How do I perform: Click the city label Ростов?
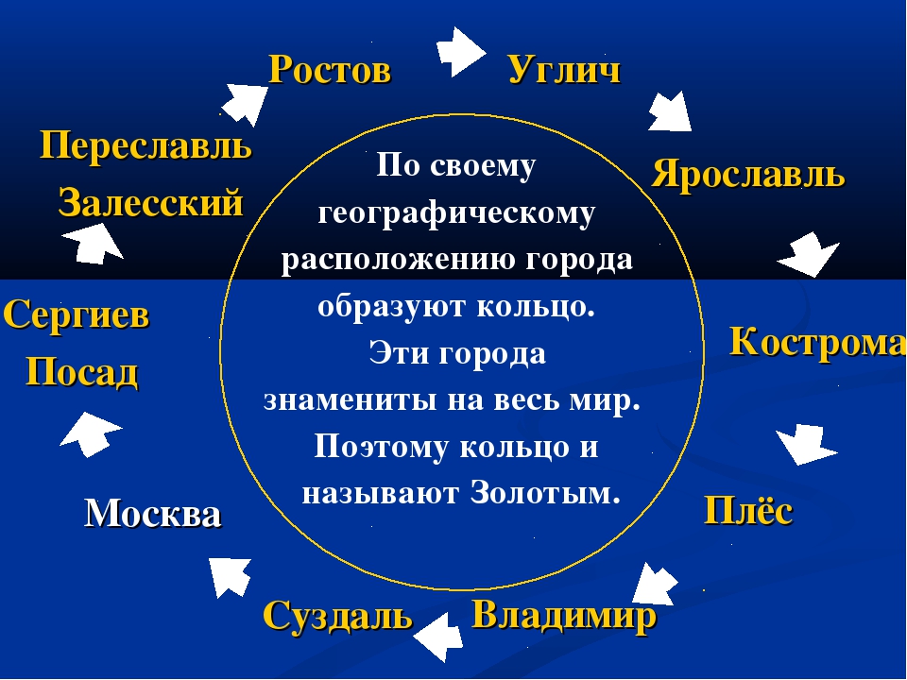click(x=329, y=70)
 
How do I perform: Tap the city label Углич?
click(x=564, y=70)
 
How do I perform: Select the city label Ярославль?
click(x=748, y=175)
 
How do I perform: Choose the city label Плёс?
click(x=747, y=512)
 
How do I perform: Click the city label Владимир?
click(x=563, y=617)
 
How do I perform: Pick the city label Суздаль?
click(x=337, y=617)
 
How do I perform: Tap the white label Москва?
click(x=153, y=515)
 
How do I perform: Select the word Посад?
click(x=81, y=373)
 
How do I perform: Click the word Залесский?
click(x=151, y=203)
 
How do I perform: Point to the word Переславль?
click(x=145, y=146)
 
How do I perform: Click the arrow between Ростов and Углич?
click(x=461, y=51)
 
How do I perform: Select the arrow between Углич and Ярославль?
click(x=670, y=111)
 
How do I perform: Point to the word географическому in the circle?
click(x=456, y=214)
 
